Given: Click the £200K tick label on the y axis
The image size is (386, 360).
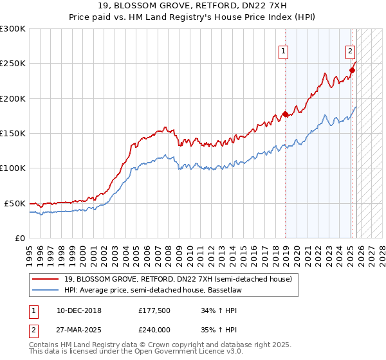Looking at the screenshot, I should pyautogui.click(x=13, y=98).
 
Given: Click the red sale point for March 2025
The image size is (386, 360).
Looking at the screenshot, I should pyautogui.click(x=352, y=71).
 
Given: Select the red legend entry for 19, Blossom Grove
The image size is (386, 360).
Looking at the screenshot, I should pyautogui.click(x=178, y=279).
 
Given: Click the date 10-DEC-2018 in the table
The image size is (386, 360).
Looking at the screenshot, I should pyautogui.click(x=74, y=310).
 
